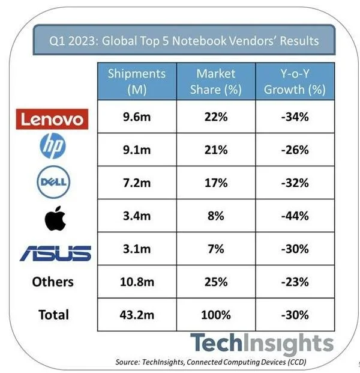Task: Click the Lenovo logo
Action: [53, 118]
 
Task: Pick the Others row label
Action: [53, 282]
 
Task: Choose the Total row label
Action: [53, 314]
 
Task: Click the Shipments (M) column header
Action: [136, 82]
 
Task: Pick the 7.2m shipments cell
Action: [136, 183]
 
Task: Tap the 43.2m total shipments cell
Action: [136, 314]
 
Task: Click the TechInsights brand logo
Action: [262, 344]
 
